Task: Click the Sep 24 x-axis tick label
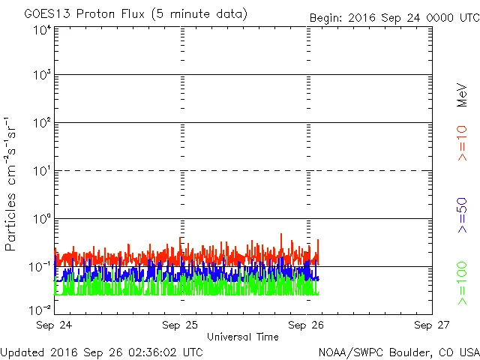tap(54, 325)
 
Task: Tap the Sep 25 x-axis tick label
tap(181, 325)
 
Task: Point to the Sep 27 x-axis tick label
tap(431, 325)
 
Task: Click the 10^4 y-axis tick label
tap(41, 29)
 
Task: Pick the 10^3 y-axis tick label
tap(41, 76)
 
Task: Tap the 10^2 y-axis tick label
tap(41, 123)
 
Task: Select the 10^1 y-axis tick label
tap(41, 171)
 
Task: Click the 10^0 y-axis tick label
tap(41, 219)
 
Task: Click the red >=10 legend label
tap(462, 142)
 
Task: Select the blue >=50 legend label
tap(462, 216)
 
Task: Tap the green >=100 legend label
tap(462, 284)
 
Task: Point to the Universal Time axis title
tap(242, 337)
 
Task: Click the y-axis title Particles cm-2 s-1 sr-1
tap(13, 184)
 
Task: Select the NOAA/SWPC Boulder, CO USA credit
tap(398, 352)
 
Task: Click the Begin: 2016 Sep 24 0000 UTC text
tap(394, 18)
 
